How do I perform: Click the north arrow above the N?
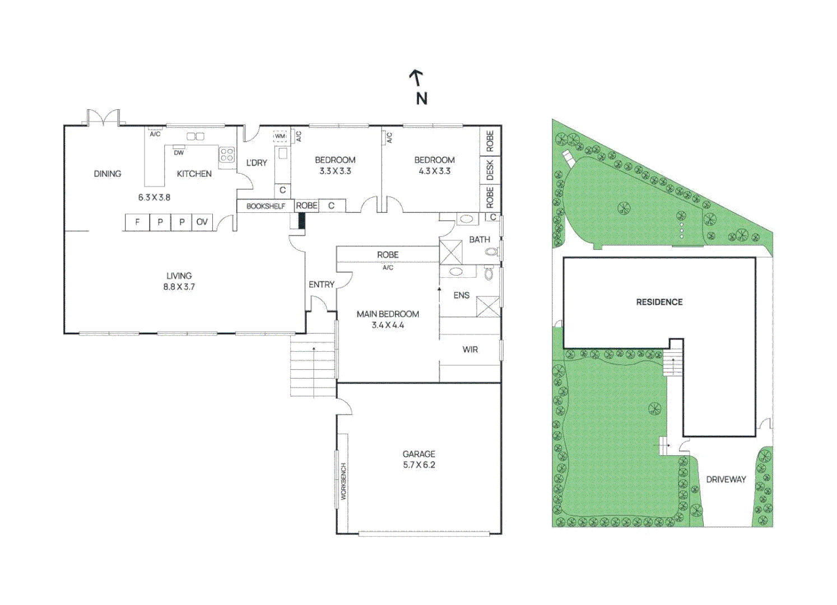[x=416, y=77]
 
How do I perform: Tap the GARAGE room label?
[x=418, y=454]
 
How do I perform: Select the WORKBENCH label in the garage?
[x=343, y=481]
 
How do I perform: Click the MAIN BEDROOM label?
[x=388, y=314]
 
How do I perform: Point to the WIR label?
[x=470, y=350]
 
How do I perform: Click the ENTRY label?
[x=321, y=285]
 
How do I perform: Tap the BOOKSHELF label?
[x=266, y=206]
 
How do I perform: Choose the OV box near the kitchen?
[x=202, y=222]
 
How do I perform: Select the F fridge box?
[x=137, y=222]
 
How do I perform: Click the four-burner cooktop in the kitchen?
[x=227, y=155]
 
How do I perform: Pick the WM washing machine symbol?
[x=280, y=136]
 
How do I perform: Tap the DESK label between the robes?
[x=490, y=170]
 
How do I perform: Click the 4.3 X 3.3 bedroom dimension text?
[x=434, y=171]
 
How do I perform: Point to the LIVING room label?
[x=179, y=276]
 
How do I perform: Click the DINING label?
[x=108, y=174]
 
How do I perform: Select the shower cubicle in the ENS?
[x=487, y=306]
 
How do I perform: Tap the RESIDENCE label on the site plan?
[x=659, y=302]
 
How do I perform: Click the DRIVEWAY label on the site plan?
[x=726, y=480]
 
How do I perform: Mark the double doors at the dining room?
[x=104, y=118]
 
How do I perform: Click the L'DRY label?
[x=257, y=163]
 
